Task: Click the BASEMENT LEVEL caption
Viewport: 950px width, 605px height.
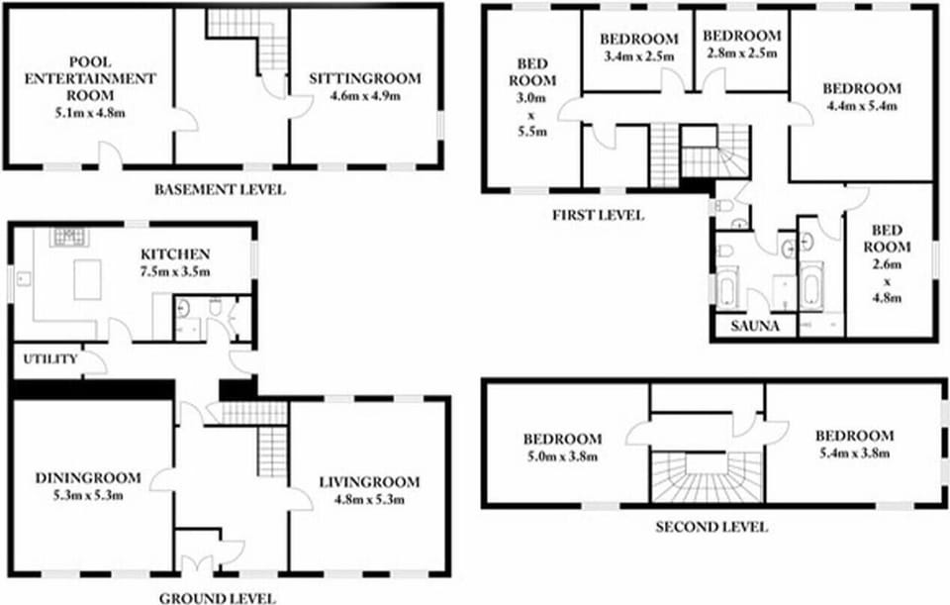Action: point(220,190)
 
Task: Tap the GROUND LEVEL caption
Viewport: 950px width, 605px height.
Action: point(218,599)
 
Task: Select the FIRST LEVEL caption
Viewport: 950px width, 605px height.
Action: point(598,215)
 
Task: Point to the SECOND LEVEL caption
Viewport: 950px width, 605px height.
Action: point(712,527)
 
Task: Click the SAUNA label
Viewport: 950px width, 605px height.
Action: point(755,326)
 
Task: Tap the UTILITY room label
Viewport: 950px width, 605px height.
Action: point(50,358)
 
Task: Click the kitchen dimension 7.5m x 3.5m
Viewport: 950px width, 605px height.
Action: point(175,271)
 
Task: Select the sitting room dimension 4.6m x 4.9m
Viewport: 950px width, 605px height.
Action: point(365,96)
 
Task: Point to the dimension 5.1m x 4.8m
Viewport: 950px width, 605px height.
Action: point(90,113)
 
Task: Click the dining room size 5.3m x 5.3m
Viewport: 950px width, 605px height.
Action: point(88,495)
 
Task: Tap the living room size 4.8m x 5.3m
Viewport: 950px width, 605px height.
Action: point(369,499)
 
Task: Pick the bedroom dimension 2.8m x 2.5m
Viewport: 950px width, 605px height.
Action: point(741,52)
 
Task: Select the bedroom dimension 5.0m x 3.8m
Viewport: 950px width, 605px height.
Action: point(563,456)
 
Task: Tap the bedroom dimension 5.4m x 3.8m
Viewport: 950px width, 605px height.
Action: point(854,453)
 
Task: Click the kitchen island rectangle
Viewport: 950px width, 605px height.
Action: point(88,279)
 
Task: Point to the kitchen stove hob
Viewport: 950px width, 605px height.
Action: point(68,238)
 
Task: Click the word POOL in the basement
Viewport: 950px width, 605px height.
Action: point(90,61)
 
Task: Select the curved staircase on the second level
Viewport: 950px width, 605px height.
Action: point(707,477)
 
